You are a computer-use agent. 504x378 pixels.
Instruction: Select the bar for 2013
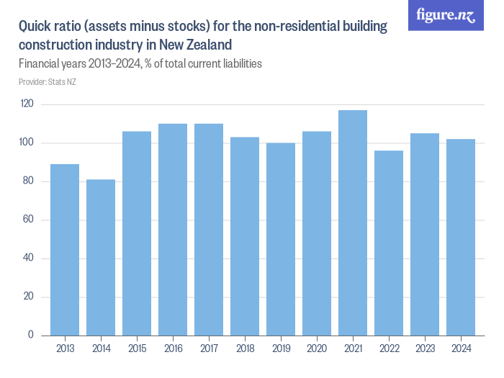65,250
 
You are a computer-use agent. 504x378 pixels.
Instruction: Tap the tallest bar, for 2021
353,222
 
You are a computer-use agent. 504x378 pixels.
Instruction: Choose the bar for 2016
173,230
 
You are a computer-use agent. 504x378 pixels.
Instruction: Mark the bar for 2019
281,239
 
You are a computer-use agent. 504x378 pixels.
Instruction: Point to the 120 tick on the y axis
27,104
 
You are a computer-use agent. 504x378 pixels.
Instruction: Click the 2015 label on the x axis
137,349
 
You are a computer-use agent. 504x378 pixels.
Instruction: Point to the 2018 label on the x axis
245,349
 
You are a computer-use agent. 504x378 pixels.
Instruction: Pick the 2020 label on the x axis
317,349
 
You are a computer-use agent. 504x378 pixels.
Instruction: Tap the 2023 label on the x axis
425,349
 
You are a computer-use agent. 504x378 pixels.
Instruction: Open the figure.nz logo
446,15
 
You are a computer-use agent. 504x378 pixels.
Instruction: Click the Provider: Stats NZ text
48,82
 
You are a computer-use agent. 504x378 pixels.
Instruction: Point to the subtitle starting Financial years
140,63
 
